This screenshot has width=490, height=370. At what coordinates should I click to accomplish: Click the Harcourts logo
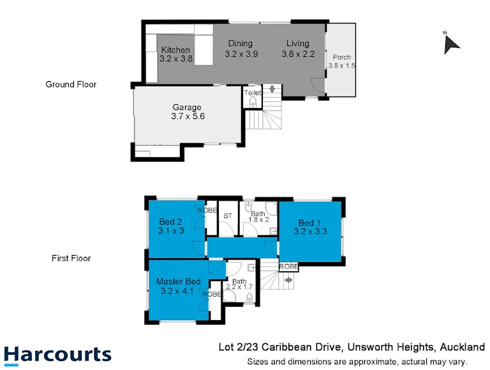(x=58, y=356)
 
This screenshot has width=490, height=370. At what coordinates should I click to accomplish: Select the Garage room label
(x=187, y=107)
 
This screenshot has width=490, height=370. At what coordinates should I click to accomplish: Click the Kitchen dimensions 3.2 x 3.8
(x=176, y=59)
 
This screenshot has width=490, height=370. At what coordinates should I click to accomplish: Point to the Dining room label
(x=241, y=43)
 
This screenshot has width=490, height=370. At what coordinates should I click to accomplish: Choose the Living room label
(x=298, y=43)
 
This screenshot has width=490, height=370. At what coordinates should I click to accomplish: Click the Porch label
(x=341, y=58)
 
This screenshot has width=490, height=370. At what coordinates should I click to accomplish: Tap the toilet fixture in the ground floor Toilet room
(x=253, y=102)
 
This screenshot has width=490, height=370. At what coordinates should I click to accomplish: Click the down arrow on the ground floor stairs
(x=272, y=89)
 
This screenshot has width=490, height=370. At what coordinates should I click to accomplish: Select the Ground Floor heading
(x=71, y=84)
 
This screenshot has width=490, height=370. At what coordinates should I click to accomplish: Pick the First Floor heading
(x=71, y=258)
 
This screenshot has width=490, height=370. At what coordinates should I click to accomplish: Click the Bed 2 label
(x=170, y=222)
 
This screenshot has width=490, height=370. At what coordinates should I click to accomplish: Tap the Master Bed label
(x=179, y=281)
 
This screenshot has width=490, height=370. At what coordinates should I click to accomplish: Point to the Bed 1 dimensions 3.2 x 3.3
(x=310, y=231)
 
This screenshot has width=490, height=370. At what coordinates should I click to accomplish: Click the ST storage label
(x=228, y=216)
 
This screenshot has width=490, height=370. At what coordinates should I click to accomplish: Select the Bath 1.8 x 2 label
(x=258, y=217)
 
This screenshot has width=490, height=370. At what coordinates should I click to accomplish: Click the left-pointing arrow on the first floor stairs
(x=288, y=279)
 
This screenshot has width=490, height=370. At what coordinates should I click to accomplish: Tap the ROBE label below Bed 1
(x=288, y=266)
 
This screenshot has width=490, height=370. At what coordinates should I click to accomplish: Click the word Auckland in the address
(x=462, y=347)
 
